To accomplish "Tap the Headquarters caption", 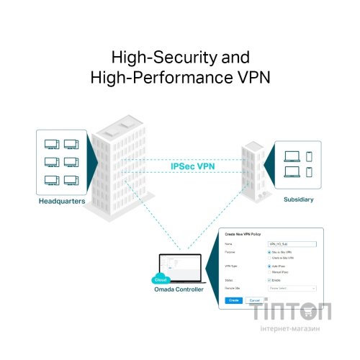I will pyautogui.click(x=62, y=202).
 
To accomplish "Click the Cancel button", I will pyautogui.click(x=254, y=300).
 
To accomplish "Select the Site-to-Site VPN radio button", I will pyautogui.click(x=269, y=253).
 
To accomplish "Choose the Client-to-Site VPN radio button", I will pyautogui.click(x=269, y=258).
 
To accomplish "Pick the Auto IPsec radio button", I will pyautogui.click(x=269, y=266).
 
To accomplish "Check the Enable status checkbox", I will pyautogui.click(x=269, y=279).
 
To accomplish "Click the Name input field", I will pyautogui.click(x=291, y=244).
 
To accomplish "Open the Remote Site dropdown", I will pyautogui.click(x=292, y=287).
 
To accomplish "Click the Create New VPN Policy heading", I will pyautogui.click(x=246, y=235).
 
